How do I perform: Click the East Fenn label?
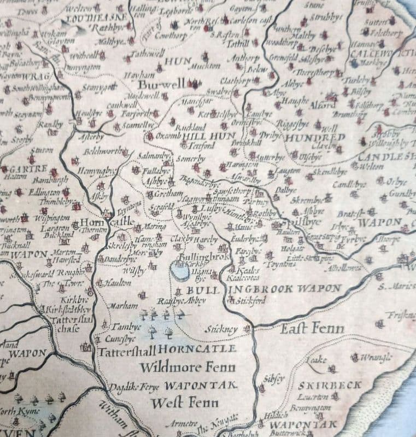point(313,328)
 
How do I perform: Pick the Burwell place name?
point(161,85)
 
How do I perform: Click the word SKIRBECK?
point(330,385)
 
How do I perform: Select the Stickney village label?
point(221,329)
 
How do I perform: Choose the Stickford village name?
point(252,300)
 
